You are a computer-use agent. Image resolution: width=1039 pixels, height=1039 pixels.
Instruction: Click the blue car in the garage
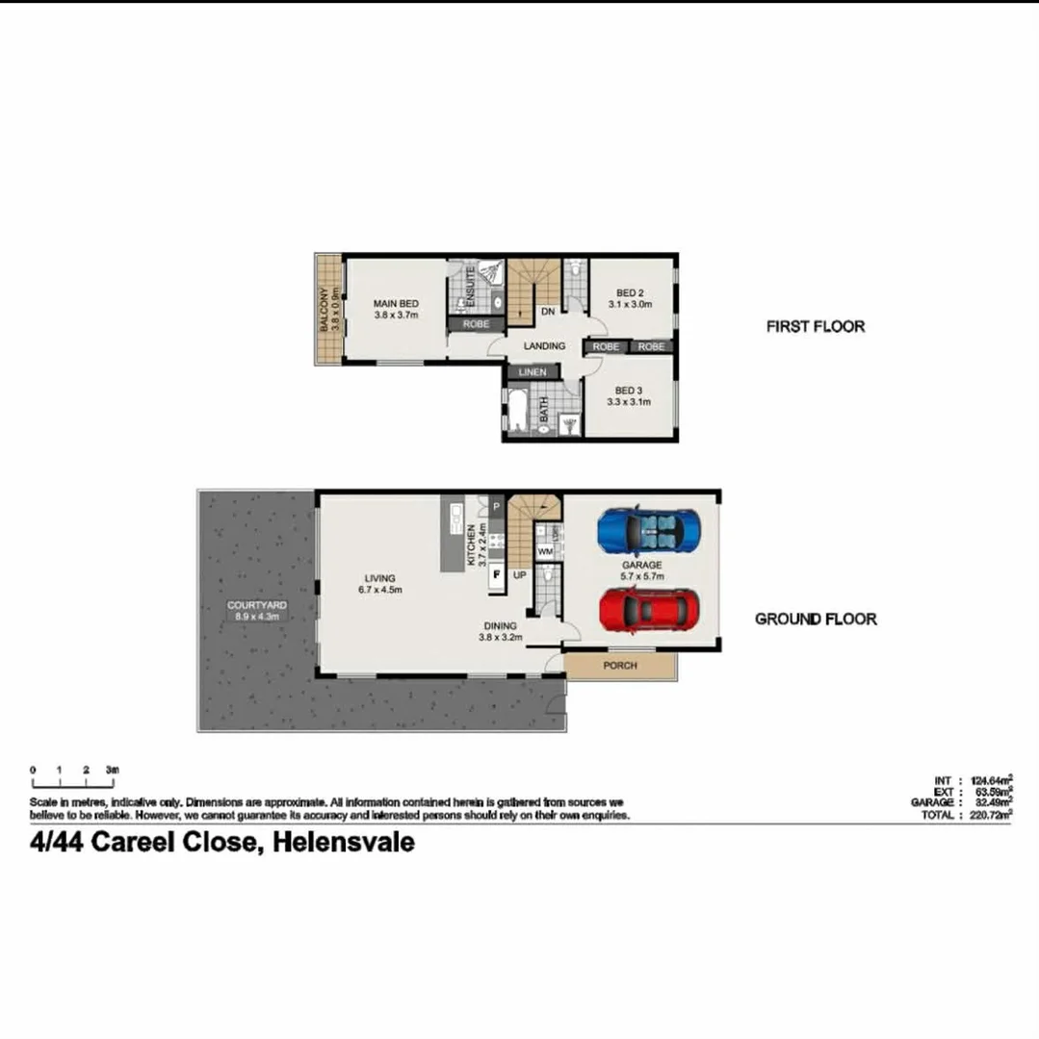click(x=647, y=530)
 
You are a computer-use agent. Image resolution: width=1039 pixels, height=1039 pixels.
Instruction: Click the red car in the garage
click(x=648, y=610)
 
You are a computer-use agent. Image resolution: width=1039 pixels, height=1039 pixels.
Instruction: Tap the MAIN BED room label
click(x=396, y=304)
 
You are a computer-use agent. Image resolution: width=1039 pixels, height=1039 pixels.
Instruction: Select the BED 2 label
click(x=630, y=293)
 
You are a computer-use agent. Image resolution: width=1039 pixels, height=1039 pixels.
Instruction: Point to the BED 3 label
click(x=628, y=391)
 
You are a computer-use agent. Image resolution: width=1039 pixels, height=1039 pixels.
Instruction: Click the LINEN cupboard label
click(x=532, y=372)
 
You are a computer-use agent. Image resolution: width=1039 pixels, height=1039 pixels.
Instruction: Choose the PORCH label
click(x=619, y=666)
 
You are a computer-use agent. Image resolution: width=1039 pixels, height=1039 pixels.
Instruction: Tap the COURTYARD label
click(x=256, y=605)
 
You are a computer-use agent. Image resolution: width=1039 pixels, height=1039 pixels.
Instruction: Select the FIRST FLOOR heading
click(x=815, y=326)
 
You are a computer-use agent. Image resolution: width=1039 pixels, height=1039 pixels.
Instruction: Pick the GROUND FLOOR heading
click(x=815, y=619)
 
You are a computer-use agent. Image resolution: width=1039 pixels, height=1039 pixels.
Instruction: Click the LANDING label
click(x=543, y=346)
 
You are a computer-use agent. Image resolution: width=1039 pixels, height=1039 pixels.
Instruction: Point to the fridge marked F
click(x=497, y=575)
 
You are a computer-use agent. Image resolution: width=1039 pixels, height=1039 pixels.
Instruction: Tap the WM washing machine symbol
click(x=545, y=551)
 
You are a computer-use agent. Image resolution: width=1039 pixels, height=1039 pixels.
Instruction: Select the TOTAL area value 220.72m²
click(x=981, y=815)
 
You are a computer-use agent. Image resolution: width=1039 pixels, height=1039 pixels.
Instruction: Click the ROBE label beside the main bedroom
click(x=476, y=325)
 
